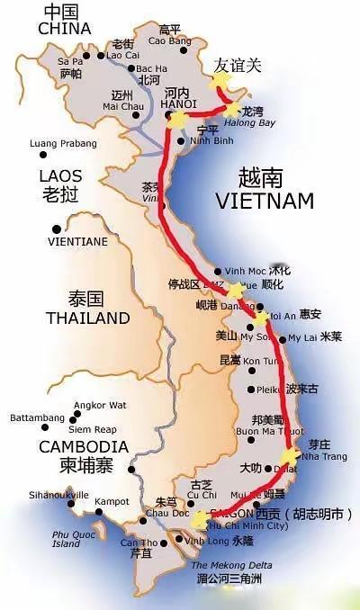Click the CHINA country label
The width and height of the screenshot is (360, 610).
click(65, 29)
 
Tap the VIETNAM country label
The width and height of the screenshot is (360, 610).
click(264, 200)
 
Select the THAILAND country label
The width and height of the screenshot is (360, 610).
click(87, 318)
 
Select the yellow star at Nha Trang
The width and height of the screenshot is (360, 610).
click(290, 455)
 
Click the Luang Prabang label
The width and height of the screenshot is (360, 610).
click(63, 143)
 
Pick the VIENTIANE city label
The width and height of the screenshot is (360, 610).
click(77, 242)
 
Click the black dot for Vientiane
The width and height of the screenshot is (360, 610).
click(57, 229)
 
